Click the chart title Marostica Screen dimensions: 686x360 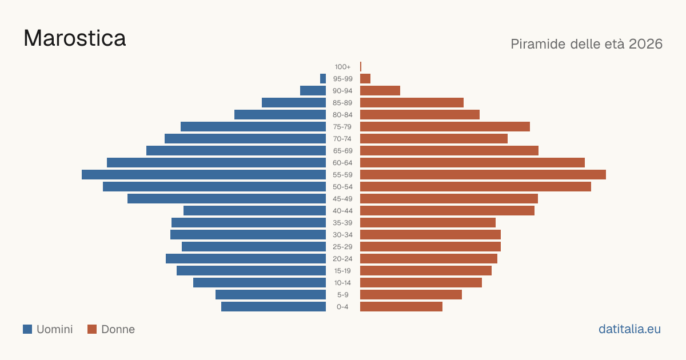coord(75,38)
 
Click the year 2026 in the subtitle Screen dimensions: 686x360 coord(645,44)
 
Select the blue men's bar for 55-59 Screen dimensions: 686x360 coord(204,175)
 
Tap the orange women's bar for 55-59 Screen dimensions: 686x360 coord(483,175)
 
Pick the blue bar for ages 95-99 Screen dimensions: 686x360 coord(323,79)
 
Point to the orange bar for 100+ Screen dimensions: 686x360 coord(361,67)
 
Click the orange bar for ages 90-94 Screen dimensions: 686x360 coord(380,91)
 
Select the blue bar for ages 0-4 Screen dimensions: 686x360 coord(273,307)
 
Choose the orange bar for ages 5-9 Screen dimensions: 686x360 coord(411,295)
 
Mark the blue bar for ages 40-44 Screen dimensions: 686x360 coord(254,211)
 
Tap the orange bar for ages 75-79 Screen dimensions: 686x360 coord(445,127)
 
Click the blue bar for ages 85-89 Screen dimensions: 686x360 coord(294,102)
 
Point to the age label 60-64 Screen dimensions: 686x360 coord(342,163)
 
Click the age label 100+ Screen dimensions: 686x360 coord(342,67)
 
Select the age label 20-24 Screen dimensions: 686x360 coord(342,259)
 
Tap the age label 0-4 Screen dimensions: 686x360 coord(342,307)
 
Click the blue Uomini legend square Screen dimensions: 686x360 coord(27,329)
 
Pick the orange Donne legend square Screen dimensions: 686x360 coord(92,329)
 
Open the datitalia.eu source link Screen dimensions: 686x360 coord(629,329)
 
